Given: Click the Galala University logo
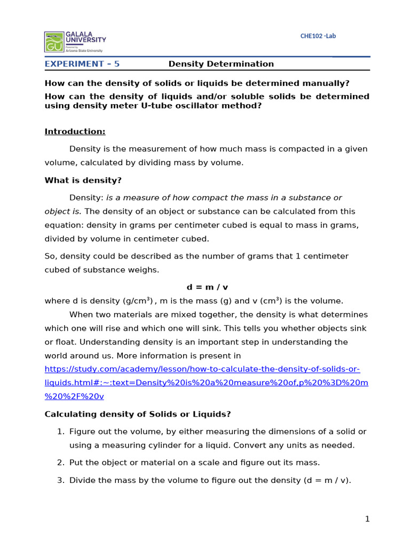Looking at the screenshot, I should (75, 41).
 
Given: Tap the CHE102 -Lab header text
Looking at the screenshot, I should (318, 36).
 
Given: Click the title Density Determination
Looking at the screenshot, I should (221, 64).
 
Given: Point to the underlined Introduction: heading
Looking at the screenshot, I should (75, 131).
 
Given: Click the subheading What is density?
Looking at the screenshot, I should (83, 181).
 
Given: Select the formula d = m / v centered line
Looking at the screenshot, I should (207, 287).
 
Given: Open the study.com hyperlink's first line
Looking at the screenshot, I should (202, 369).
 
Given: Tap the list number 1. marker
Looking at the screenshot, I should (60, 432).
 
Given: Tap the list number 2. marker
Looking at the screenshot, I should (60, 463).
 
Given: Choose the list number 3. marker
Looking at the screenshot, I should (60, 480).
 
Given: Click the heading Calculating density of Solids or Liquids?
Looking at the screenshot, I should (138, 414).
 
